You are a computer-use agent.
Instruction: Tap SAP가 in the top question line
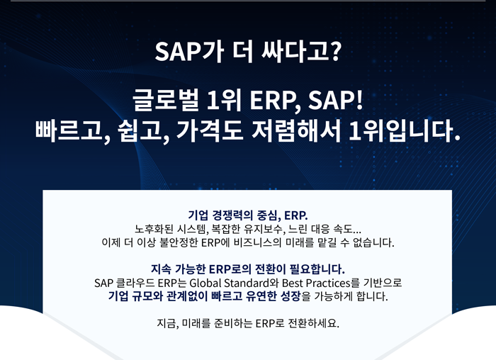click(x=190, y=52)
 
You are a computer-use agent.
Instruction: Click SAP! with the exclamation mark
click(x=336, y=101)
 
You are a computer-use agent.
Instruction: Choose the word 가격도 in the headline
click(x=210, y=131)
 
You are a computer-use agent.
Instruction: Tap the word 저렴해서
click(x=296, y=131)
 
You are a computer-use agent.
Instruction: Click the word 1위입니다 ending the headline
click(x=405, y=131)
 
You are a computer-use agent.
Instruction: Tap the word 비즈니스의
click(x=257, y=242)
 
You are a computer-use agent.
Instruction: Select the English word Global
click(x=206, y=283)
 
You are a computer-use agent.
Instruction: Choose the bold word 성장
click(x=290, y=296)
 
